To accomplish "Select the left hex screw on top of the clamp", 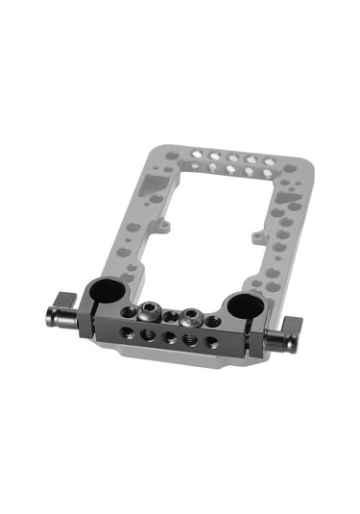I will pos(150,312).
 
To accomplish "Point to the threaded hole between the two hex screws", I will pos(171,316).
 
